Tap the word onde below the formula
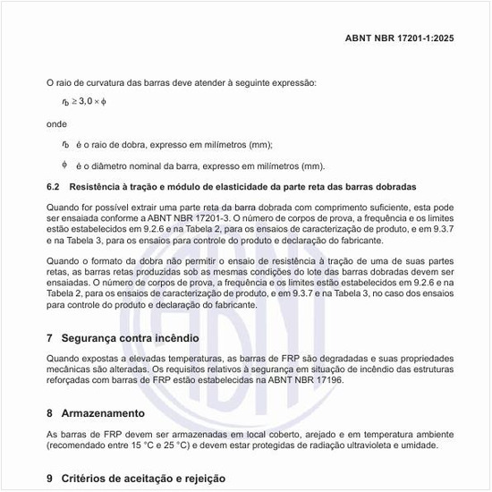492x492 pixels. [56, 123]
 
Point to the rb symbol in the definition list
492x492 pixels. [65, 144]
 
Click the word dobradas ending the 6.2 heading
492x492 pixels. [385, 189]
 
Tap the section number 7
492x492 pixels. [50, 338]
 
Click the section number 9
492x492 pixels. [50, 479]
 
